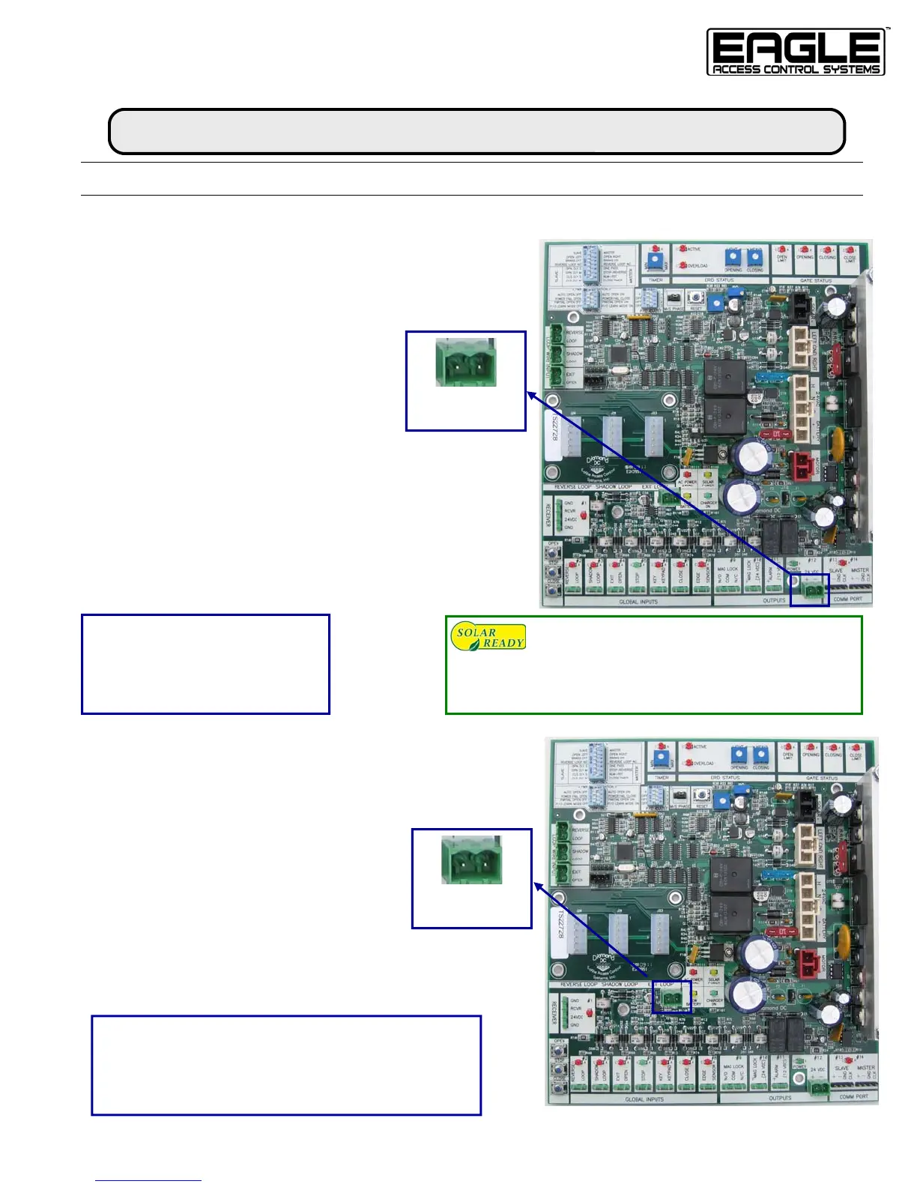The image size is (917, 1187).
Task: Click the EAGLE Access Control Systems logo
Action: (x=796, y=52)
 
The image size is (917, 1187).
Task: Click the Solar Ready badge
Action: (x=488, y=637)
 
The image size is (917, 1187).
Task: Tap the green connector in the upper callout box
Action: (x=465, y=363)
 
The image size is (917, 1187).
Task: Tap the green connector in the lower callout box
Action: (x=471, y=861)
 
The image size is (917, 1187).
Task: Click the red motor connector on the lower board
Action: (x=808, y=964)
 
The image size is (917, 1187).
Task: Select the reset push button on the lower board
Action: (x=702, y=795)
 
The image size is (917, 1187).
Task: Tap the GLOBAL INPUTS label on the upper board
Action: (x=638, y=602)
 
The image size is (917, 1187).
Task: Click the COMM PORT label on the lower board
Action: (x=853, y=1097)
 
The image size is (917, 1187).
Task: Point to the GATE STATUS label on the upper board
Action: (x=815, y=280)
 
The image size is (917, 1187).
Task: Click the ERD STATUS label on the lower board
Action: (x=725, y=778)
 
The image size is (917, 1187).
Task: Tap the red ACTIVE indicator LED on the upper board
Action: (x=683, y=249)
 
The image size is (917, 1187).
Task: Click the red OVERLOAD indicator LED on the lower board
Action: (x=688, y=763)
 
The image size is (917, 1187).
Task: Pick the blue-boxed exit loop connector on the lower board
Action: (x=671, y=998)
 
